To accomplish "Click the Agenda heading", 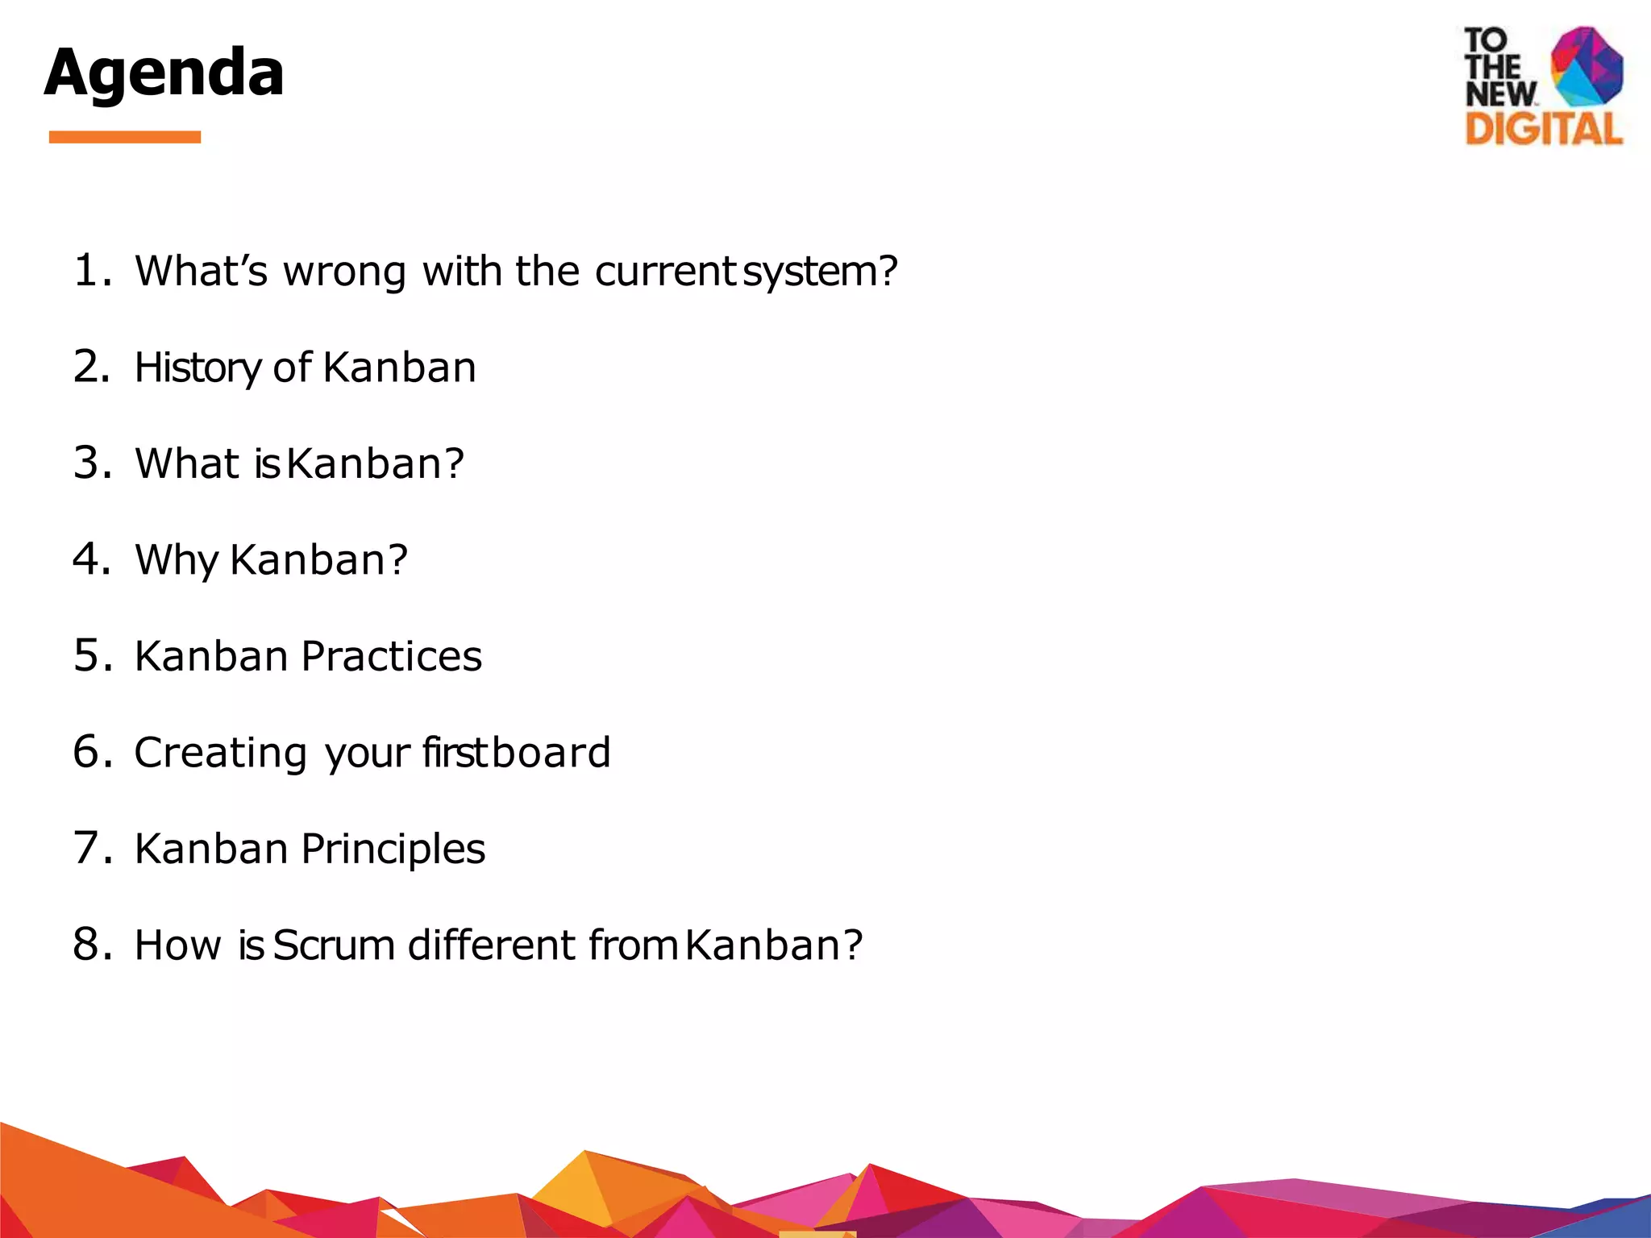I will (164, 73).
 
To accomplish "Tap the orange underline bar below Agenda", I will (124, 137).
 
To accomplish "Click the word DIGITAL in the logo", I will (1543, 129).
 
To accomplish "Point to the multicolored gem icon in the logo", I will (1586, 66).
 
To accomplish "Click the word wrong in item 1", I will (344, 272).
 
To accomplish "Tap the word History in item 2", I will (197, 368).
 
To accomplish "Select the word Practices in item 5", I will (391, 656).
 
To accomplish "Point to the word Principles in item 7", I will (393, 850).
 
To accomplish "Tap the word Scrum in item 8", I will (334, 945).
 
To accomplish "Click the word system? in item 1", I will (819, 272).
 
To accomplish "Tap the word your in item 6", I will (368, 754).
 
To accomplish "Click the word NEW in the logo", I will (1499, 93).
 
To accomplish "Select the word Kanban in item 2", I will (400, 368).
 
